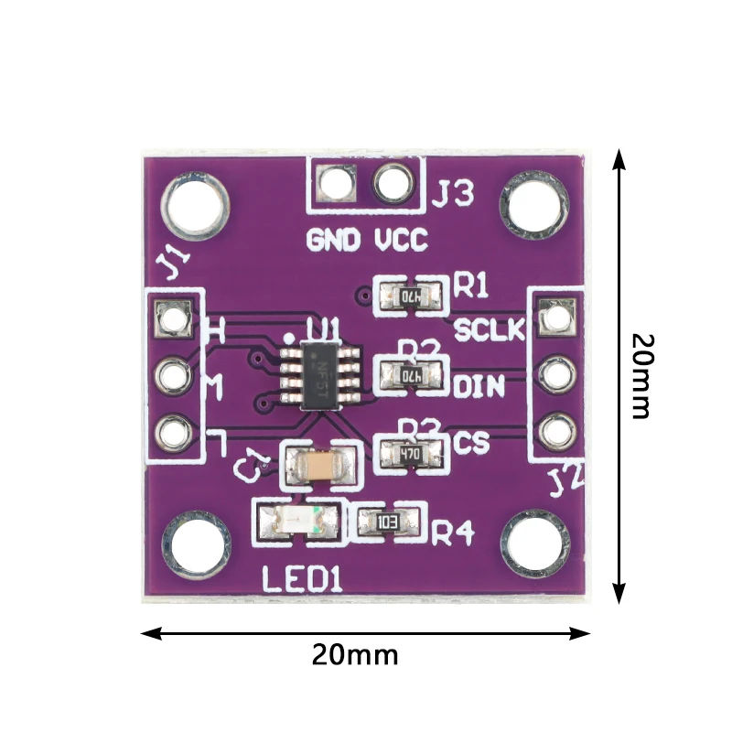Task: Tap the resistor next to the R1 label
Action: [x=413, y=296]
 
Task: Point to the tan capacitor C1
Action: [x=317, y=467]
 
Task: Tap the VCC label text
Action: [x=401, y=242]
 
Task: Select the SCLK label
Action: [x=490, y=329]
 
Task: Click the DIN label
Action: [x=479, y=387]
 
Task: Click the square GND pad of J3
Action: [x=337, y=185]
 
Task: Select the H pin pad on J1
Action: [x=172, y=318]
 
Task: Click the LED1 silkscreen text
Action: [x=302, y=579]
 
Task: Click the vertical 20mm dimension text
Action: [x=642, y=375]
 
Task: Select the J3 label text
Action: [x=453, y=195]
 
